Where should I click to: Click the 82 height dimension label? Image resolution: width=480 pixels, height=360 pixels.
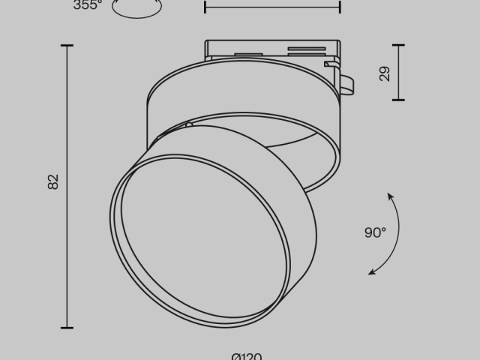53,181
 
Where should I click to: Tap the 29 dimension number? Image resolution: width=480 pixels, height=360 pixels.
385,73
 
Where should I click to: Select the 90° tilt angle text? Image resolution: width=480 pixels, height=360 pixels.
375,232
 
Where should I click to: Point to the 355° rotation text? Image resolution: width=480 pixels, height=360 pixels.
88,5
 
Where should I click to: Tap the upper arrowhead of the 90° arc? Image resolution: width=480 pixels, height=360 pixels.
390,196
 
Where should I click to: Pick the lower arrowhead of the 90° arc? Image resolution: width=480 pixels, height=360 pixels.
371,272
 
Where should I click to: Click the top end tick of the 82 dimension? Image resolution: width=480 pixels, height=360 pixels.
67,46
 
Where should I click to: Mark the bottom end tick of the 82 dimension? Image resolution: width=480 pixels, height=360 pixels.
67,328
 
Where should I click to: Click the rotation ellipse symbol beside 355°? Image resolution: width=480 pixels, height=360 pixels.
136,8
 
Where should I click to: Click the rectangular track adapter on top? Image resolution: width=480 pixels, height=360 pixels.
270,51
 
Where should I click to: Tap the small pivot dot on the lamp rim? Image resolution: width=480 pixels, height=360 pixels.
190,124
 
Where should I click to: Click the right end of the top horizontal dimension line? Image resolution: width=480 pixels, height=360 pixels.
340,7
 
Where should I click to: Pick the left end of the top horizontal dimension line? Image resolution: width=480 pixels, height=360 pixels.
205,7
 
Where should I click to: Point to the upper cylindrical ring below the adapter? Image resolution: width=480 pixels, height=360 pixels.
240,90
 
